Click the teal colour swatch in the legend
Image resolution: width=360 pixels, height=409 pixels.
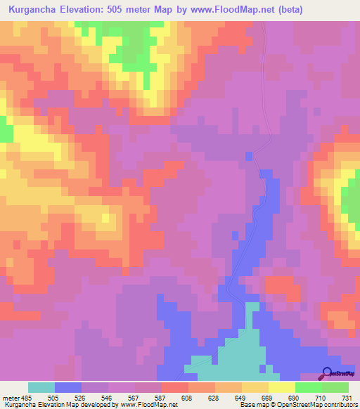(41, 387)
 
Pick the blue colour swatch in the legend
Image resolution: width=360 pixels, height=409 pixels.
(68, 387)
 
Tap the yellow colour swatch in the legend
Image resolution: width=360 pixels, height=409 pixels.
(282, 387)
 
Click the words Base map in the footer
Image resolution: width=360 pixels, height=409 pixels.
(252, 405)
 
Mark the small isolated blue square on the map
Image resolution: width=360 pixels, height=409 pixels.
(249, 155)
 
